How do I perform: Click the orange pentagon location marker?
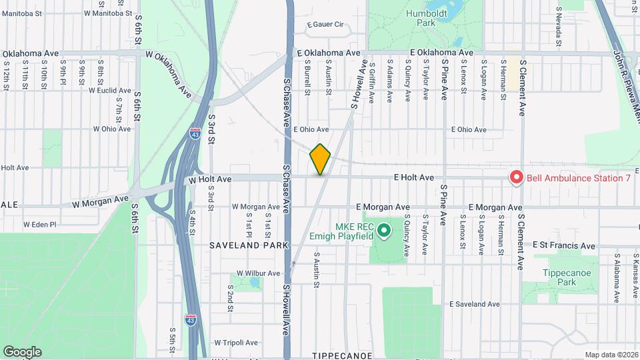coord(321,159)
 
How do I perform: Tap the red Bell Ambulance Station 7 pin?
coord(516,177)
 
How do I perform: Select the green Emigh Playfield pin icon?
coord(383,231)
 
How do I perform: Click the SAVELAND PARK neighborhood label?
coord(249,245)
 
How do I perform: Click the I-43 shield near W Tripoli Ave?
coord(191,319)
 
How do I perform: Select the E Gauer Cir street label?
coord(325,25)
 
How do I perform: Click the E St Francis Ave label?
coord(563,246)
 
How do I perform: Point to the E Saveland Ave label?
coord(474,304)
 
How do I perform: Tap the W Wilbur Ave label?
coord(257,273)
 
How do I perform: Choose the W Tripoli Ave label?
coord(235,343)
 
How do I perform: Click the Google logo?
coord(22,351)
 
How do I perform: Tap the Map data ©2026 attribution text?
coord(611,355)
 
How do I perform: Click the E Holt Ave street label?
coord(414,177)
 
